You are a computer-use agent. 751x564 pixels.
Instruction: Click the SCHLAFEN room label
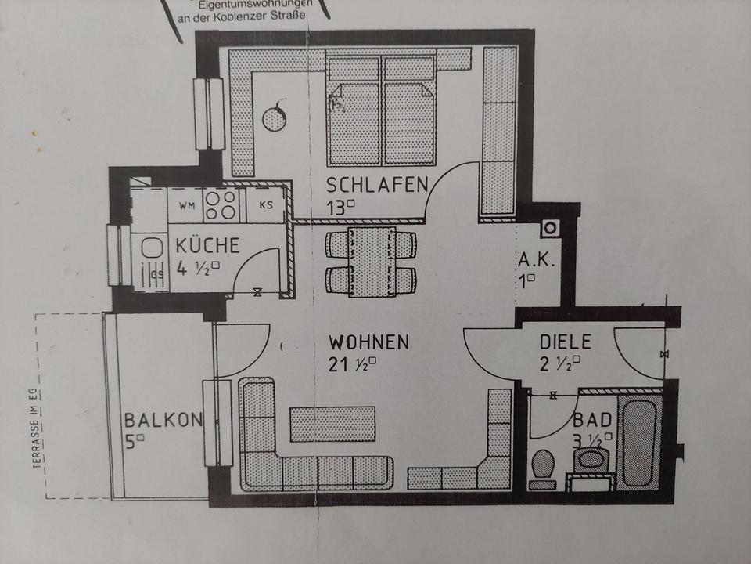377,185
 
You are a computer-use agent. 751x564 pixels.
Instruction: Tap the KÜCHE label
207,244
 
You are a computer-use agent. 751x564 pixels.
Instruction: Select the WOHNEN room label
368,342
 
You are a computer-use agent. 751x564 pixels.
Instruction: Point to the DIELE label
566,342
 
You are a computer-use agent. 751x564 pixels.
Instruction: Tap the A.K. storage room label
537,260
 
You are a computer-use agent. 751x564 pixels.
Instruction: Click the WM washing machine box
186,206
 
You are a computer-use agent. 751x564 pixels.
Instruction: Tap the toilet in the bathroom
541,467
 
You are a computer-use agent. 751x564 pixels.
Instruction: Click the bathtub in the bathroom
639,443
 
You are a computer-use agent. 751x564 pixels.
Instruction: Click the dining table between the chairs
372,262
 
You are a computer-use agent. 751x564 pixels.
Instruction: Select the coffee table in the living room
332,424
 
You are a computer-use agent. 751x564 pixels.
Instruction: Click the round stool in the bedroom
275,118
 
